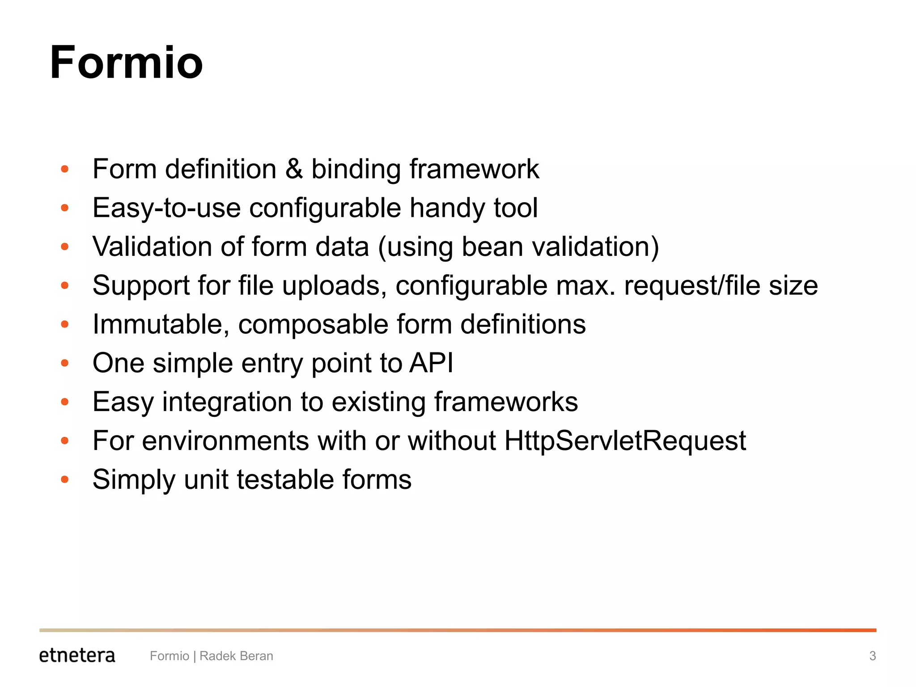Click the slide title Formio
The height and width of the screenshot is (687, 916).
tap(126, 63)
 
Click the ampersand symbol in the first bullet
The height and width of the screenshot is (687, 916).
tap(294, 169)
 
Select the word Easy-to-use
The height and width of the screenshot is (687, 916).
tap(166, 208)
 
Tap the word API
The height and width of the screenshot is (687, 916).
tap(431, 363)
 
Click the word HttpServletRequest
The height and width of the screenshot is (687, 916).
tap(625, 441)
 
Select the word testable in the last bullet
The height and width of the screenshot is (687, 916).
tap(285, 479)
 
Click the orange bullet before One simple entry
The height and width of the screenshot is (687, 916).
tap(65, 363)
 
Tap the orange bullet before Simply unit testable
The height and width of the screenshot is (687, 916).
tap(65, 480)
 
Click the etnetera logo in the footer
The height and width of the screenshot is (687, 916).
tap(77, 655)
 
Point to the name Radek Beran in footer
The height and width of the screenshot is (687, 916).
tap(236, 656)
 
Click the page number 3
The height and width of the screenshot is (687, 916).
tap(872, 656)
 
